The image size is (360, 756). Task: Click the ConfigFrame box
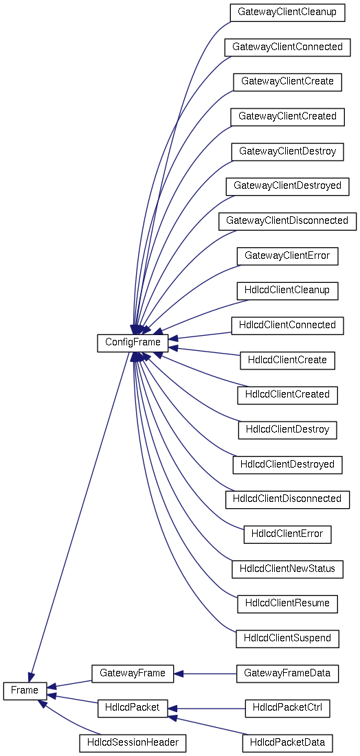[x=133, y=343]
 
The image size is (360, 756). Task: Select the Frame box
[x=25, y=691]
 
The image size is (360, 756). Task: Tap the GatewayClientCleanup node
[x=288, y=12]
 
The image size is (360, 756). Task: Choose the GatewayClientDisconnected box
[x=288, y=220]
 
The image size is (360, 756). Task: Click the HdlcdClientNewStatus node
[x=288, y=569]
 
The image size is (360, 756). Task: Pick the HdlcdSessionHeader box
[x=133, y=742]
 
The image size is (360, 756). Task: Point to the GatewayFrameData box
[x=288, y=673]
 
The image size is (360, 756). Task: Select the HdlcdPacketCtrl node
[x=288, y=708]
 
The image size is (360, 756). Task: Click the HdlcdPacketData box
[x=288, y=742]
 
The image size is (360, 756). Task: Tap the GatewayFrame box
[x=133, y=673]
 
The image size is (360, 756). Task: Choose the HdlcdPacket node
[x=133, y=708]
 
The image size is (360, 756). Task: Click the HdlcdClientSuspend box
[x=288, y=639]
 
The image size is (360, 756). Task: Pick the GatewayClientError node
[x=288, y=255]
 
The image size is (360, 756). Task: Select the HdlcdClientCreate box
[x=288, y=360]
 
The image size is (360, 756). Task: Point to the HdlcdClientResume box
[x=288, y=604]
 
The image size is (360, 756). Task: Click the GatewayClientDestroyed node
[x=288, y=185]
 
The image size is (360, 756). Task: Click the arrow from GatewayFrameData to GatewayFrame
[x=205, y=673]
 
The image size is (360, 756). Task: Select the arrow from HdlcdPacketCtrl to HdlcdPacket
[x=207, y=708]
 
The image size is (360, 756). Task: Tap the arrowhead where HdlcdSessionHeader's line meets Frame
[x=43, y=703]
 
